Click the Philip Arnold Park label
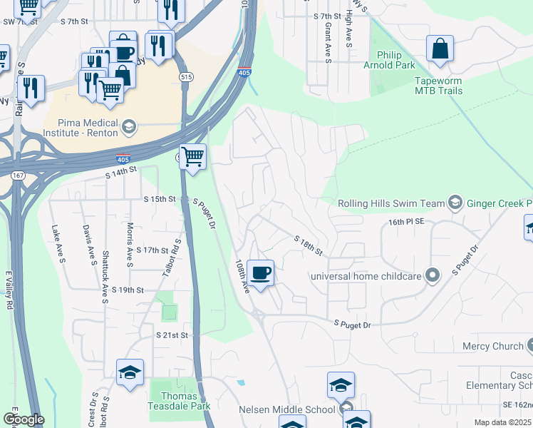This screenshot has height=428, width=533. coord(389,61)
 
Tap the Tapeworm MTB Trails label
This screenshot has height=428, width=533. coord(438,86)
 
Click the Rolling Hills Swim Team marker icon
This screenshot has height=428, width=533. coord(455,203)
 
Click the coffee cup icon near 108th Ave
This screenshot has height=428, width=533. coord(262,272)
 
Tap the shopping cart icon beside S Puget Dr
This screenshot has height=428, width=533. coord(193,156)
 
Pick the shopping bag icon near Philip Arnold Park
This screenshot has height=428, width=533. coord(440,49)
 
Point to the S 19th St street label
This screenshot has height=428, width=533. coord(128,290)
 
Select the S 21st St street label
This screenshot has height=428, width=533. coord(172,335)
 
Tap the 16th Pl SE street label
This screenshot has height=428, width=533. coord(406,222)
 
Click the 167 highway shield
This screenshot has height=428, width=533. coord(17,175)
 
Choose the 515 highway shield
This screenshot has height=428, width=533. coord(186,76)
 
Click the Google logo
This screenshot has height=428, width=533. coord(24,419)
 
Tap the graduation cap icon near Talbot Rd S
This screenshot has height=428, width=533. coord(130,372)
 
